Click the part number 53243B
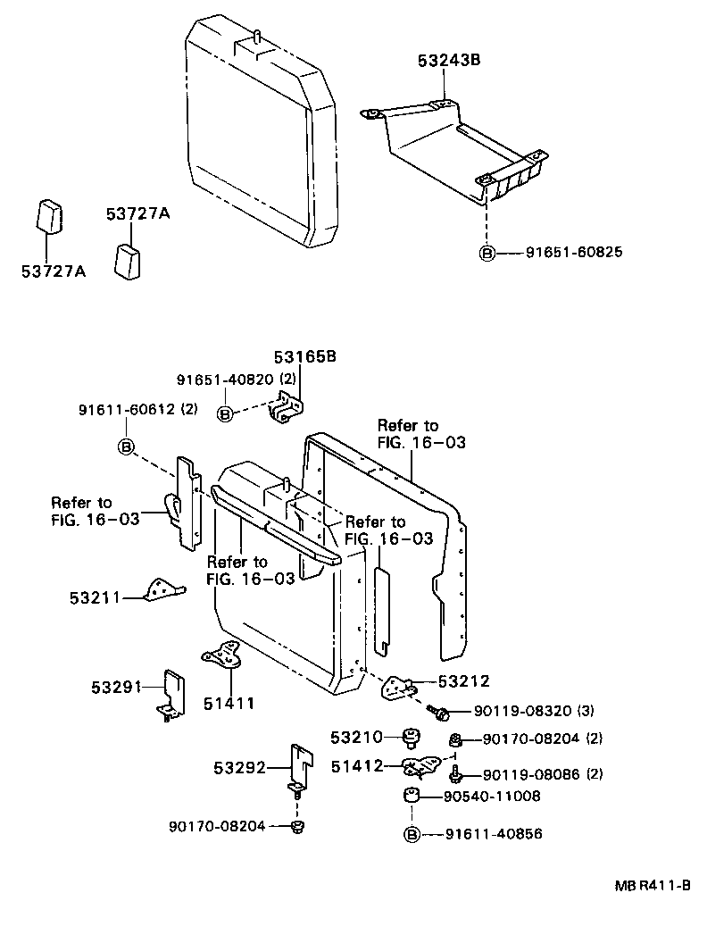pyautogui.click(x=449, y=61)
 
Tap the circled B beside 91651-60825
pyautogui.click(x=487, y=253)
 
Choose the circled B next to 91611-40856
pyautogui.click(x=412, y=834)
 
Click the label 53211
pyautogui.click(x=94, y=597)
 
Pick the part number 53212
pyautogui.click(x=463, y=681)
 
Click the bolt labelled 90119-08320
pyautogui.click(x=440, y=712)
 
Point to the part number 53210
pyautogui.click(x=356, y=737)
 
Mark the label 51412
pyautogui.click(x=356, y=765)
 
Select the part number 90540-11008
pyautogui.click(x=497, y=796)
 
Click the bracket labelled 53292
pyautogui.click(x=301, y=765)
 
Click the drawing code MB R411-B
pyautogui.click(x=652, y=886)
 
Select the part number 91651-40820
pyautogui.click(x=226, y=379)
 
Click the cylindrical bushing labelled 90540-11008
pyautogui.click(x=412, y=797)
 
